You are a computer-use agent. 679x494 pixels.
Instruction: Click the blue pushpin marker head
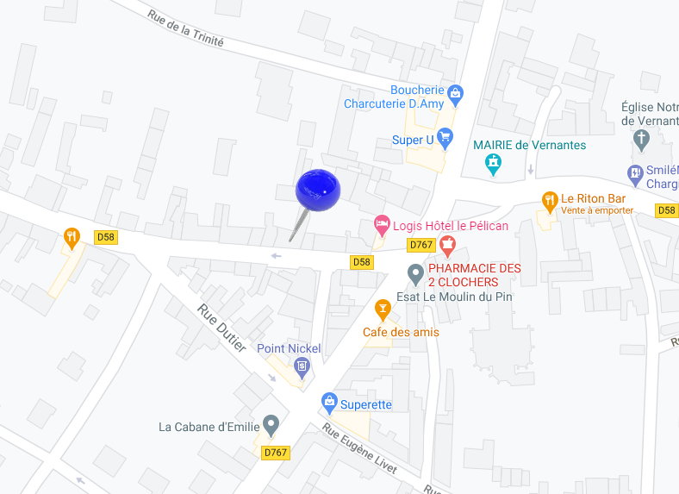click(x=318, y=191)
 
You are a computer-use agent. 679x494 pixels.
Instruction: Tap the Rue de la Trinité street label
click(x=185, y=28)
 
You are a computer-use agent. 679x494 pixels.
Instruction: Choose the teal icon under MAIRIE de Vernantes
click(x=493, y=163)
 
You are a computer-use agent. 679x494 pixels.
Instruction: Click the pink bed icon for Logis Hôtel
click(x=382, y=225)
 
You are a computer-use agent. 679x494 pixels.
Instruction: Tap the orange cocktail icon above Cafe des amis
click(x=383, y=308)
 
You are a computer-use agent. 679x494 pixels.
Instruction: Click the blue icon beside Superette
click(x=328, y=402)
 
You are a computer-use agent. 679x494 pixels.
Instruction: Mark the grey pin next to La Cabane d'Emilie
click(x=271, y=424)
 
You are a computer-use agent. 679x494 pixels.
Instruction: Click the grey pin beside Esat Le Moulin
click(x=414, y=275)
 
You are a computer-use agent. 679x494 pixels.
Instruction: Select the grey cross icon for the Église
click(x=641, y=139)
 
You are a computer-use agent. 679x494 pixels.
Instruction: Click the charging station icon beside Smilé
click(x=635, y=174)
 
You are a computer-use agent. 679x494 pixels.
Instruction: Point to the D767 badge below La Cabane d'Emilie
click(x=276, y=452)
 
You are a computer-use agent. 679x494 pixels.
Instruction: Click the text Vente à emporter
click(x=597, y=210)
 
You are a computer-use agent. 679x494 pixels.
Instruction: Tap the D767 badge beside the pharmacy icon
click(x=420, y=245)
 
